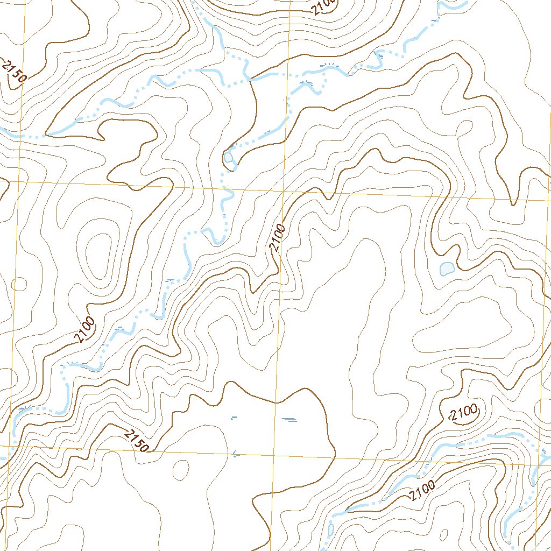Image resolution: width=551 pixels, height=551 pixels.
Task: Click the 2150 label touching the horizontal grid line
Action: click(x=136, y=441)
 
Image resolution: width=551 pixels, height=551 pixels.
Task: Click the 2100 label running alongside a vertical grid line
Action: click(x=277, y=238)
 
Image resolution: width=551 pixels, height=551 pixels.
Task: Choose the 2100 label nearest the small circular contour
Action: click(x=85, y=329)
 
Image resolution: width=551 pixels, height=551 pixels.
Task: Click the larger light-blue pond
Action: click(x=447, y=268)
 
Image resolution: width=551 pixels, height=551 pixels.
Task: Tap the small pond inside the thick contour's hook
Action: click(x=229, y=157)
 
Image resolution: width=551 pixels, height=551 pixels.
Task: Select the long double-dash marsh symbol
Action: click(x=289, y=420)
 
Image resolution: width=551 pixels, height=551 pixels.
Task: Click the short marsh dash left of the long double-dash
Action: click(x=233, y=417)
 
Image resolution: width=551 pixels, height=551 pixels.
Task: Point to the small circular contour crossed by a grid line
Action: click(x=19, y=284)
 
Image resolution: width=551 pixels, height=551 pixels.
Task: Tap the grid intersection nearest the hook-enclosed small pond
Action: click(x=284, y=190)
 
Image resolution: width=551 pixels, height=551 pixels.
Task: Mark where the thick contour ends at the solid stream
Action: click(x=250, y=80)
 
